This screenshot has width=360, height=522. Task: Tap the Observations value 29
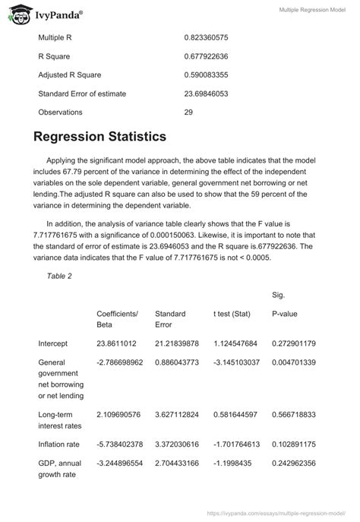188,112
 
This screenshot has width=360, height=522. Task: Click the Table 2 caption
59,276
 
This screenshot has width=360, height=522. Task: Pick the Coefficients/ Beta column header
117,318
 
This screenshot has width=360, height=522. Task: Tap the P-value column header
285,313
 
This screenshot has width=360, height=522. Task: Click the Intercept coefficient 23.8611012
116,343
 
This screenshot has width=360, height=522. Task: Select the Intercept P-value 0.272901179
293,343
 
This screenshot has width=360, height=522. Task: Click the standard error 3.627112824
181,414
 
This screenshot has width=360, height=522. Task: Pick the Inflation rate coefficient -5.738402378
119,444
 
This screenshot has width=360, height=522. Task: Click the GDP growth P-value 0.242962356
293,463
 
